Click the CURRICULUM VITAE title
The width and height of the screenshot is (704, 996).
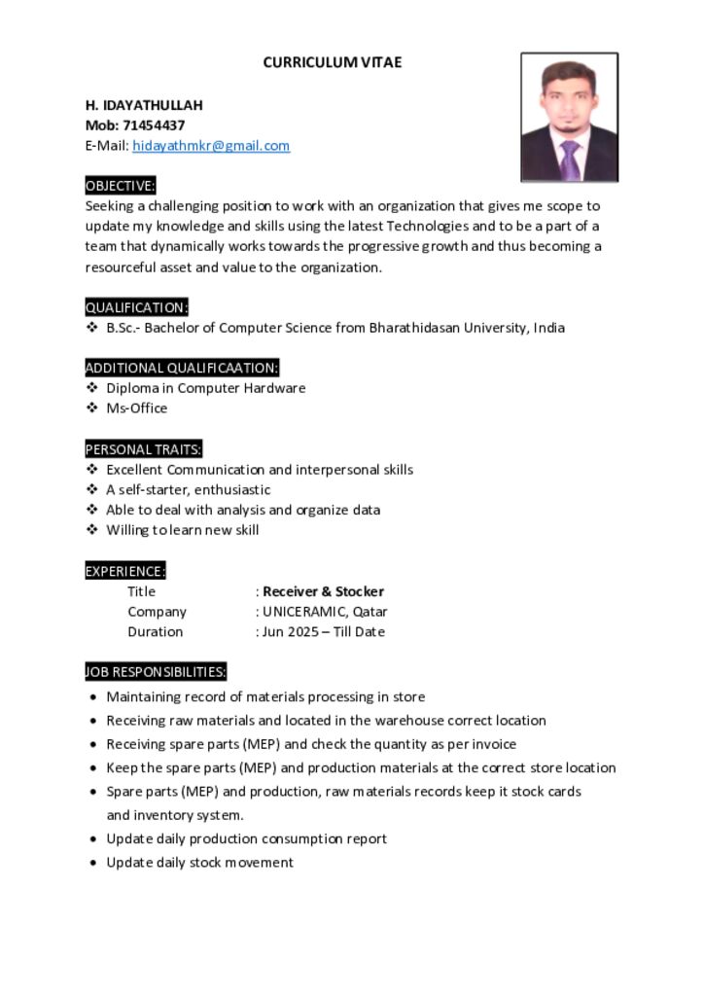(x=332, y=62)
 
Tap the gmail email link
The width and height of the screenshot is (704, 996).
(x=211, y=146)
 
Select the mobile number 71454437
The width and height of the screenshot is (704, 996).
(x=154, y=125)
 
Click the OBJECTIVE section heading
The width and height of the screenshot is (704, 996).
(x=120, y=186)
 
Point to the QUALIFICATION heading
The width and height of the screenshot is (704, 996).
(x=136, y=307)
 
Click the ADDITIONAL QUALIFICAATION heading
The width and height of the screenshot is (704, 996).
(x=182, y=368)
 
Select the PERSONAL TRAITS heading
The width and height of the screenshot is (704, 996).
(x=143, y=449)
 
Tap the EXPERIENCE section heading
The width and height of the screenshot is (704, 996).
(x=125, y=571)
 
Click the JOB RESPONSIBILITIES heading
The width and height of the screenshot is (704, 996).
(x=156, y=672)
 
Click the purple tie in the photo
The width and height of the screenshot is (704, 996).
(x=570, y=158)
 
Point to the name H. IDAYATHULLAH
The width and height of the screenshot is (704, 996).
(x=144, y=105)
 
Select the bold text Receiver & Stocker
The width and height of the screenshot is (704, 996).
(x=323, y=591)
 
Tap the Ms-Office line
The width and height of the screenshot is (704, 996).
(x=136, y=409)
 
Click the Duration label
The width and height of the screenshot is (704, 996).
(x=155, y=632)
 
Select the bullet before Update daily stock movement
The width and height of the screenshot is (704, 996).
(x=92, y=863)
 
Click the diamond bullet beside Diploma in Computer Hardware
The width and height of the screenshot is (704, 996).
(x=92, y=388)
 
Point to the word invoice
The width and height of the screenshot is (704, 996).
(x=494, y=744)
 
